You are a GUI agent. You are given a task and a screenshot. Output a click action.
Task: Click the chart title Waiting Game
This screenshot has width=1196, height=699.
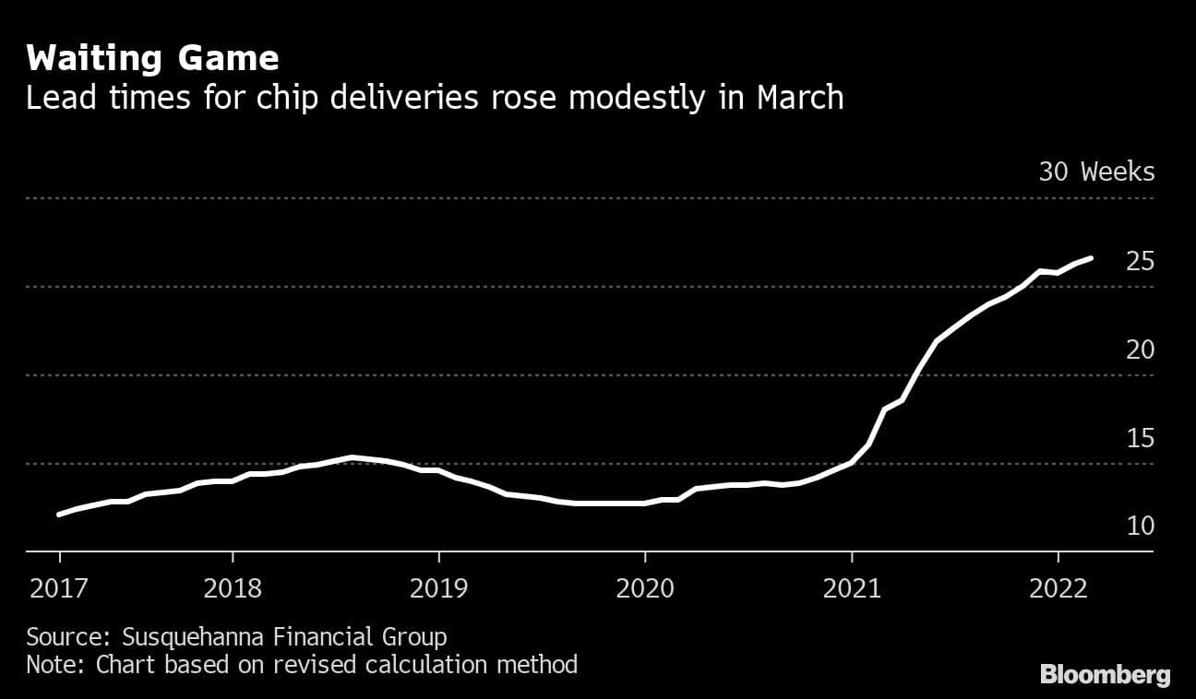click(152, 59)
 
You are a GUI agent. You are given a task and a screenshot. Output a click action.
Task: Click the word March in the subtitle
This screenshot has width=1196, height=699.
click(800, 98)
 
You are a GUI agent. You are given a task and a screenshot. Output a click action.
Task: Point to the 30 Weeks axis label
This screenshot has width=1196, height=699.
click(1096, 172)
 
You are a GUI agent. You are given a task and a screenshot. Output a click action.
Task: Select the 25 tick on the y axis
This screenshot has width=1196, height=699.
click(1141, 262)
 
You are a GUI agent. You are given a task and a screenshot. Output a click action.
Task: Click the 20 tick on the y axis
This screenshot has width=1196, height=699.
click(1141, 350)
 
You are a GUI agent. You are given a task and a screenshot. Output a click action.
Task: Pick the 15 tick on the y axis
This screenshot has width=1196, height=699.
click(1141, 439)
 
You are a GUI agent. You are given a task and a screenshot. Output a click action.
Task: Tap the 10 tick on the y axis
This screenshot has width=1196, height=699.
click(1141, 527)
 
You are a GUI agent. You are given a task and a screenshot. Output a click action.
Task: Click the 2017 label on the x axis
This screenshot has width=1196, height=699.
click(60, 588)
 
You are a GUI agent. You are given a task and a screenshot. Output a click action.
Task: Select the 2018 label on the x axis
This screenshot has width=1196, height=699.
click(233, 588)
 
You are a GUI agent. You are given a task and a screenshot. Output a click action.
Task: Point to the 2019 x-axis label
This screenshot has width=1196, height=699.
click(438, 588)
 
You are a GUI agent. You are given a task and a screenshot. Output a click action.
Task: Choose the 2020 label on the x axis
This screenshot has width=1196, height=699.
click(644, 588)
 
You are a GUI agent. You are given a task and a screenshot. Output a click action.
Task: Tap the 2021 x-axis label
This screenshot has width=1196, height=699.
click(851, 588)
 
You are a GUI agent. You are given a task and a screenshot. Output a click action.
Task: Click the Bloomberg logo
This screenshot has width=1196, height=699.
click(1105, 675)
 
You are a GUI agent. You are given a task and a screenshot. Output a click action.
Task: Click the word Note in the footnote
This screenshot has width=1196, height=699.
click(52, 664)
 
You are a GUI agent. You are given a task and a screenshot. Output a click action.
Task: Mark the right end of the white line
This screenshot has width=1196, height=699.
click(1092, 258)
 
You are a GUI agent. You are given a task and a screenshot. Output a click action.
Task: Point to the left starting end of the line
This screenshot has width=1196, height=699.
click(60, 515)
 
